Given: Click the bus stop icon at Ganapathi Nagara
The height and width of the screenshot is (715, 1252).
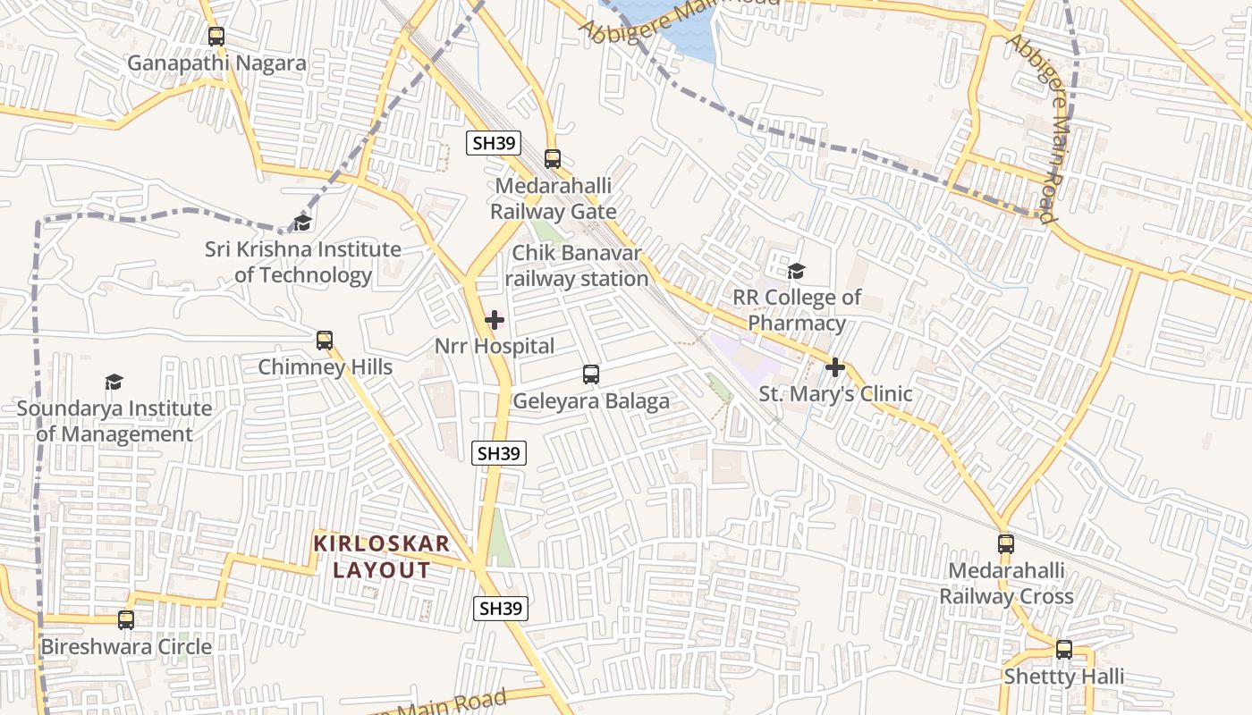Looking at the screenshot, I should [x=216, y=37].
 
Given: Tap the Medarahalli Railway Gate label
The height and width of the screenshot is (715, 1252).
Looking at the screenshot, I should [x=553, y=199].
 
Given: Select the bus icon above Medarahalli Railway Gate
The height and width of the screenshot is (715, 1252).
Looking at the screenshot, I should [x=553, y=159].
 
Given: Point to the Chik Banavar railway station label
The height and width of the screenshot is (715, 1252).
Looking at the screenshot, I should [x=577, y=266].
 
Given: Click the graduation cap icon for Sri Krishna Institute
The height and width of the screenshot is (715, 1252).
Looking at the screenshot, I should [x=303, y=223].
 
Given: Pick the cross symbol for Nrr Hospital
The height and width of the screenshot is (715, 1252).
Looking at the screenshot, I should [x=495, y=320].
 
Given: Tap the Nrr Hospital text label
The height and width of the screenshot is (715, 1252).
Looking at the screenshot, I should [x=495, y=346].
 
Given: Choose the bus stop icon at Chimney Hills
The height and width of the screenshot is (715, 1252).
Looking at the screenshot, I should [x=325, y=341].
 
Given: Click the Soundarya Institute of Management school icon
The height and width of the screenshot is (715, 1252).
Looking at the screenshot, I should [x=114, y=383].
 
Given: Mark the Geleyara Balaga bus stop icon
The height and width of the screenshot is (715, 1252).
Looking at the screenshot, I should [x=590, y=374].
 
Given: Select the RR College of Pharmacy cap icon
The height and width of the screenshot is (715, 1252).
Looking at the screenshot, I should [x=796, y=271].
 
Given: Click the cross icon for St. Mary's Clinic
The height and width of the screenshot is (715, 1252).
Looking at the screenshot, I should [x=835, y=367].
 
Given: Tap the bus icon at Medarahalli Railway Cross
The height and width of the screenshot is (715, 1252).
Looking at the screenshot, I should [x=1006, y=543].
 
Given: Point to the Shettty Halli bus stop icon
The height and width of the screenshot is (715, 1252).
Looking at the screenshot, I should [x=1064, y=650].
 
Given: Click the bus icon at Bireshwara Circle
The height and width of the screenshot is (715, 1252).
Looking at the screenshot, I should [x=126, y=620].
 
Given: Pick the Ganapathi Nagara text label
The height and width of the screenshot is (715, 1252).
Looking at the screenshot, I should [x=216, y=63].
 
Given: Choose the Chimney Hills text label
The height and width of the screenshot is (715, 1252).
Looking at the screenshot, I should [x=326, y=366].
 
